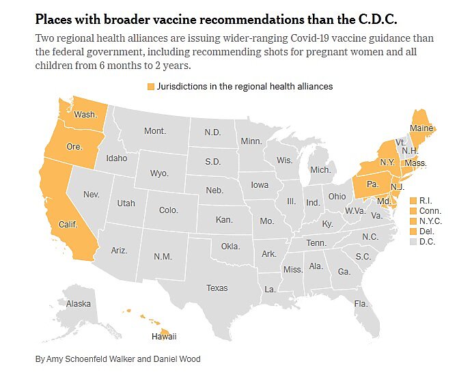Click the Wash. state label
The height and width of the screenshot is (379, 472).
[85, 115]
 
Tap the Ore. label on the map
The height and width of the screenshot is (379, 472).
[74, 146]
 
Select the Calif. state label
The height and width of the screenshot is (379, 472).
[68, 224]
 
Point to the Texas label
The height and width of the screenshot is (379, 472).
[217, 288]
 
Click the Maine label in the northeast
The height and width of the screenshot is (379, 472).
[420, 128]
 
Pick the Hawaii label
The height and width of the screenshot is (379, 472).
[164, 336]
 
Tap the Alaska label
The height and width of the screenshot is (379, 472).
[79, 304]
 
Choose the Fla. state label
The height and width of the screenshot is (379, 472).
[361, 303]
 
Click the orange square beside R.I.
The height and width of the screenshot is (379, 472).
[413, 201]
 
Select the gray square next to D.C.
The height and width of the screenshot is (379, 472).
[413, 242]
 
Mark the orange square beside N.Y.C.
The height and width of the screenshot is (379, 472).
[413, 221]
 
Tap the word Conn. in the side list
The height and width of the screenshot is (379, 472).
[430, 211]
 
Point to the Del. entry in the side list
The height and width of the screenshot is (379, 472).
[427, 231]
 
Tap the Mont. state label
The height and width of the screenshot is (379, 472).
[155, 130]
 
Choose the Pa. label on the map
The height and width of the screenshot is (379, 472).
[372, 185]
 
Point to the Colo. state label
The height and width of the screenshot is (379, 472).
[168, 210]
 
